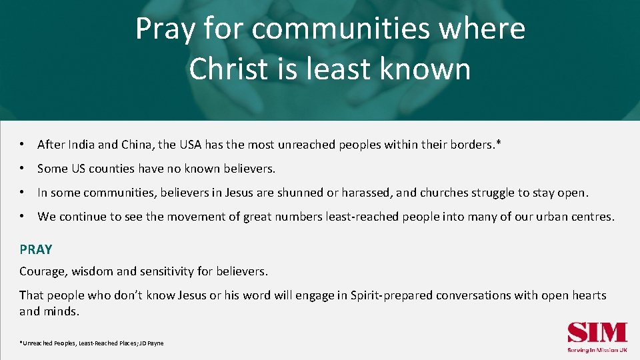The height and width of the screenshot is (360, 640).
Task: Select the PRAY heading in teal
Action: (36, 249)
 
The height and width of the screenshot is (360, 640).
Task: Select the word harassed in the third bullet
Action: (366, 193)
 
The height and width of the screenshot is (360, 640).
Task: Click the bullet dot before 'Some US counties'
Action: (23, 169)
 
